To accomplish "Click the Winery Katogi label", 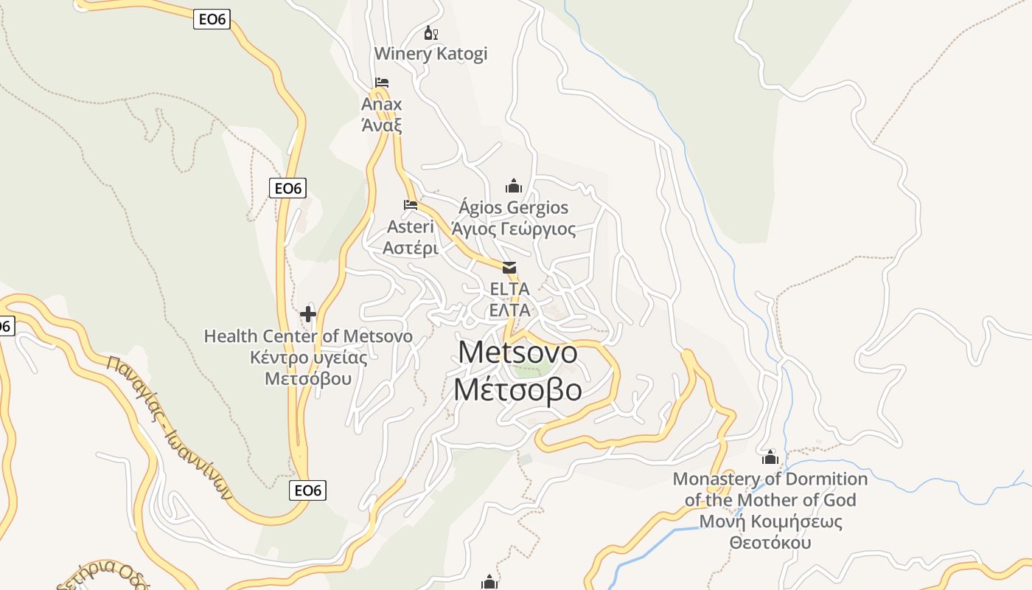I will pyautogui.click(x=430, y=54).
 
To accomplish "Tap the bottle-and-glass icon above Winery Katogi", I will pyautogui.click(x=431, y=33).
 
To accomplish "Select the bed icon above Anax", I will pyautogui.click(x=381, y=82).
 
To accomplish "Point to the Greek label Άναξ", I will pyautogui.click(x=382, y=125).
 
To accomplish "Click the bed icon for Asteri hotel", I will pyautogui.click(x=411, y=204).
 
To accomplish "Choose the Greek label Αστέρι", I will pyautogui.click(x=411, y=248).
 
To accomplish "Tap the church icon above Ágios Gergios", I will pyautogui.click(x=514, y=186).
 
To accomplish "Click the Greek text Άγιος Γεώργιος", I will pyautogui.click(x=514, y=229).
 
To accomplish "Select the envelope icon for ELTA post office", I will pyautogui.click(x=509, y=267).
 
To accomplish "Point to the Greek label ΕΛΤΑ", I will pyautogui.click(x=509, y=310).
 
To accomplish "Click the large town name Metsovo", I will pyautogui.click(x=517, y=353).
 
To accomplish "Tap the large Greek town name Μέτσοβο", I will pyautogui.click(x=517, y=389).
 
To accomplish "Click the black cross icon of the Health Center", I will pyautogui.click(x=308, y=315).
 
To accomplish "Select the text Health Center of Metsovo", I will pyautogui.click(x=308, y=336).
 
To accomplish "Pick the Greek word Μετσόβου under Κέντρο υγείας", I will pyautogui.click(x=308, y=379).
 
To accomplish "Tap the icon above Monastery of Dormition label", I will pyautogui.click(x=770, y=457).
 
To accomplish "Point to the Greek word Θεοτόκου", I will pyautogui.click(x=770, y=543).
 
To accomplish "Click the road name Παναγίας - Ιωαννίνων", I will pyautogui.click(x=169, y=428).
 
